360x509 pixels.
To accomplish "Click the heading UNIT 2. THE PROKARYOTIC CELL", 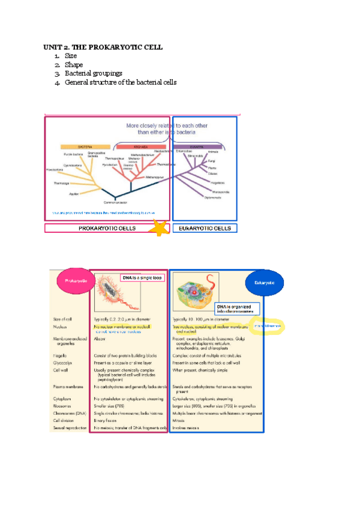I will coord(103,47).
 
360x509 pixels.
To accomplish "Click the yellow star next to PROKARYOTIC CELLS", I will coord(160,228).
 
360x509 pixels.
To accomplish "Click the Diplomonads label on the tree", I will coord(214,197).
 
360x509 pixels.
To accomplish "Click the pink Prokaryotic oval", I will coord(73,280).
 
